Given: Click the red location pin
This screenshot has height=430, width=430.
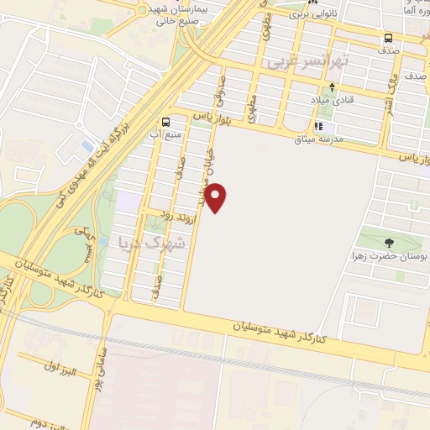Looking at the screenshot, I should point(217,197).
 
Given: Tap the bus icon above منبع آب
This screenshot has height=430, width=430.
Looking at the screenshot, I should point(165,121).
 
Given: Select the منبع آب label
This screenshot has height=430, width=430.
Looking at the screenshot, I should point(166,134).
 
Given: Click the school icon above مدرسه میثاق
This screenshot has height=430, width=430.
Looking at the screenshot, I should point(318,126).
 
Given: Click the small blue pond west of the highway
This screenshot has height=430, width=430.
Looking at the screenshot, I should point(88,147).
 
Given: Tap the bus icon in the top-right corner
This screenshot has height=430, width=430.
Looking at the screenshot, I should point(389,38).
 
